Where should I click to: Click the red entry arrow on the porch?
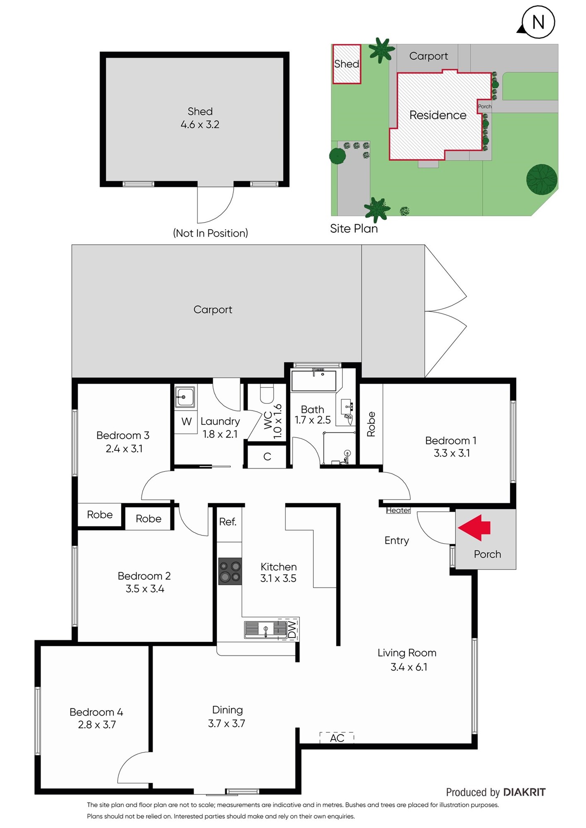click(x=474, y=528)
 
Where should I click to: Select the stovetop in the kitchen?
click(x=230, y=571)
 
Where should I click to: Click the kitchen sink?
click(x=265, y=630)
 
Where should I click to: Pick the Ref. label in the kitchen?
click(x=228, y=522)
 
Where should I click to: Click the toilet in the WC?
click(x=267, y=394)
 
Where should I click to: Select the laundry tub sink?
click(x=184, y=397)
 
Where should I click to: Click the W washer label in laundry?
click(x=186, y=421)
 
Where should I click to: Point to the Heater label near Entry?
click(x=398, y=510)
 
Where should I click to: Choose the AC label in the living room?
click(x=337, y=738)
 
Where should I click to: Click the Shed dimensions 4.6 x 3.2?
click(x=200, y=125)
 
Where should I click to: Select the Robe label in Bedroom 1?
click(x=371, y=424)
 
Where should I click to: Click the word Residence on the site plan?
click(x=438, y=115)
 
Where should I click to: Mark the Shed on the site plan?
click(x=347, y=64)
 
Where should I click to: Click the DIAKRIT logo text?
click(x=524, y=792)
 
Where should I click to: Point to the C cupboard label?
click(x=267, y=457)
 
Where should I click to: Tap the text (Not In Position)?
click(x=211, y=233)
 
